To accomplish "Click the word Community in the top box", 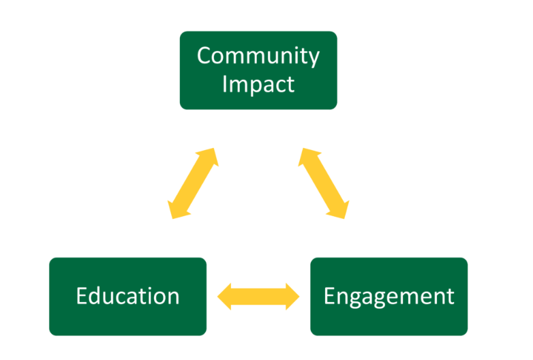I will click(x=258, y=56).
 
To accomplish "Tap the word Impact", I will click(x=258, y=84).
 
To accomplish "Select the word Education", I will click(x=127, y=297).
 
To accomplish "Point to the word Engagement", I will click(x=389, y=297).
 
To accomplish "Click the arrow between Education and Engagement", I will click(x=258, y=296).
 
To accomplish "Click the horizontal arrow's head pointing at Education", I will click(x=226, y=296).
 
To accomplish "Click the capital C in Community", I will click(x=204, y=56).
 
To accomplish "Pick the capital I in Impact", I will click(x=226, y=84).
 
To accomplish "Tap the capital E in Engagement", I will click(x=329, y=297).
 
